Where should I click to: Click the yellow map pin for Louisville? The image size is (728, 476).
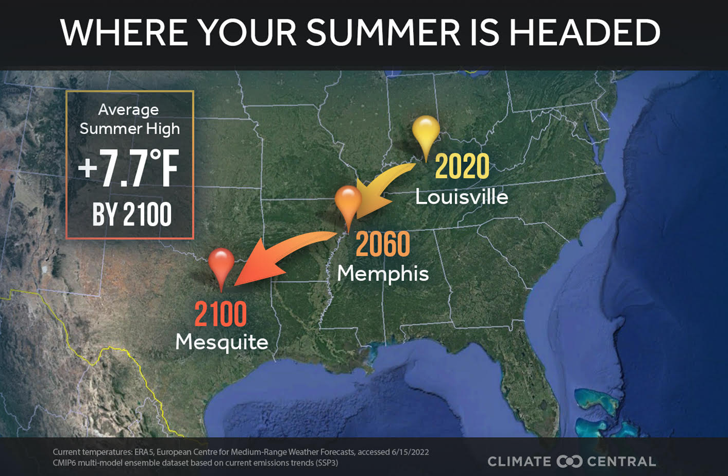tap(425, 132)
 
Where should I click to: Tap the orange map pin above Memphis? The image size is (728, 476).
tap(348, 203)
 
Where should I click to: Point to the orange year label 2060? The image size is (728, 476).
tap(383, 244)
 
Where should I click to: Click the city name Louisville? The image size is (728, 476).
tap(462, 197)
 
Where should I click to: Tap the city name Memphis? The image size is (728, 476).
tap(383, 273)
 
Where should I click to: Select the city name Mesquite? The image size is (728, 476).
tap(221, 343)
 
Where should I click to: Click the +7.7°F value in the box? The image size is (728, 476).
tap(129, 172)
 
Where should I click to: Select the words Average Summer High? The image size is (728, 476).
tap(129, 119)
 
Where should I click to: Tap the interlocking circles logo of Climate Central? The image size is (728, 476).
tap(570, 461)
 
